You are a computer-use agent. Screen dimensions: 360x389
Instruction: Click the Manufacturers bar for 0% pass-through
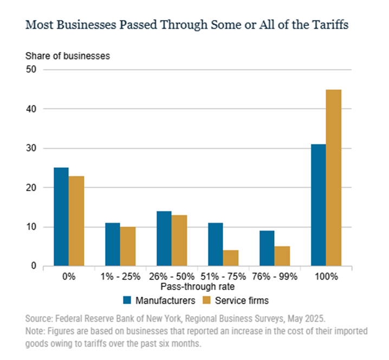coord(61,217)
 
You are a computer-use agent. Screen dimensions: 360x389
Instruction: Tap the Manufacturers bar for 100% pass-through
coord(318,205)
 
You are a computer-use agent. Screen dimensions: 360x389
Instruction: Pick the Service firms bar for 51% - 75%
coord(231,258)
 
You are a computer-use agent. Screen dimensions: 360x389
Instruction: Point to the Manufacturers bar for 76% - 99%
coord(267,248)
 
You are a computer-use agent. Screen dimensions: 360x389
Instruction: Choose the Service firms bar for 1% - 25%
coord(128,246)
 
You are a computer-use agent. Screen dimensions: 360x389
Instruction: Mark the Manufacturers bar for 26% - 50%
coord(164,238)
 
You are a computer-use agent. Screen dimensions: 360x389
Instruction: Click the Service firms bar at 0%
coord(76,221)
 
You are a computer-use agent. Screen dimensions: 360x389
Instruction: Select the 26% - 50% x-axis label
coord(172,276)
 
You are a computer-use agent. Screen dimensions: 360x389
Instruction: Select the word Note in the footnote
coord(35,330)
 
